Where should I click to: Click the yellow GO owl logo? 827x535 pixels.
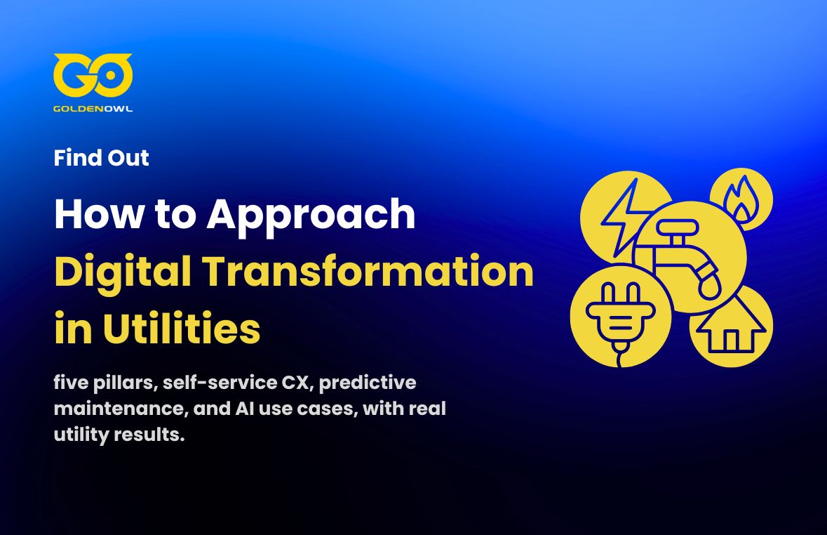pos(93,76)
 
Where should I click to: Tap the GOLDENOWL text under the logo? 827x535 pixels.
pos(93,109)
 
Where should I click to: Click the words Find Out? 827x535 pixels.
pos(101,158)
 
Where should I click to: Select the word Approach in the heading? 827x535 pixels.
pos(311,216)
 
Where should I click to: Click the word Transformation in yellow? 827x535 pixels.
pos(368,272)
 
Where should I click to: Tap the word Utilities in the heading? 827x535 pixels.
pos(181,329)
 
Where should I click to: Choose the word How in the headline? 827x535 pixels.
pos(99,214)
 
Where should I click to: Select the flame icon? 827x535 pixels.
pos(741,199)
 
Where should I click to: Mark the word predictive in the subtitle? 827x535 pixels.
pos(368,383)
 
